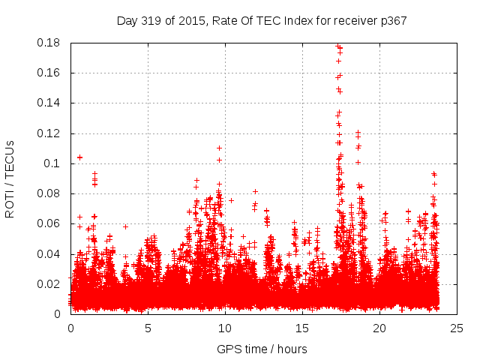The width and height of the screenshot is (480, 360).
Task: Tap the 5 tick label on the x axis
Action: [148, 328]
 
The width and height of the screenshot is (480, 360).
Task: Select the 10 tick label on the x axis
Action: [225, 328]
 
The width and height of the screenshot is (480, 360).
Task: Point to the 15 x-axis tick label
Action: [302, 328]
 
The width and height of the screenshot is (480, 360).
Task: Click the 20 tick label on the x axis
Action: [379, 328]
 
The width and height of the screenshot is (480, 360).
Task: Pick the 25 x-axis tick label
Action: [457, 328]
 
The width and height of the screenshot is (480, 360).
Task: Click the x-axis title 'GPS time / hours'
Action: [262, 349]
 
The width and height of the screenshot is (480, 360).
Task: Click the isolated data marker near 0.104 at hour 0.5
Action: [79, 157]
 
